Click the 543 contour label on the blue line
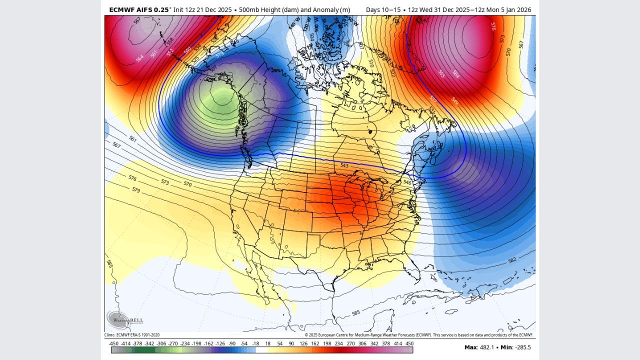344,165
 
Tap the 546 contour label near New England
407,182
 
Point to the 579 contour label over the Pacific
136,190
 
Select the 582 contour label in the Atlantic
512,260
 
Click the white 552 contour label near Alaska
170,51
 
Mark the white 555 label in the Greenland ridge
441,73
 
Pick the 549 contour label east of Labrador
454,101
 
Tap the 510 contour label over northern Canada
370,63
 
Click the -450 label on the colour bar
113,343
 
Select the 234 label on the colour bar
338,343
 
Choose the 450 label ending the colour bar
409,343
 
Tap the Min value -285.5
521,347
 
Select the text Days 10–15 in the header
383,9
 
